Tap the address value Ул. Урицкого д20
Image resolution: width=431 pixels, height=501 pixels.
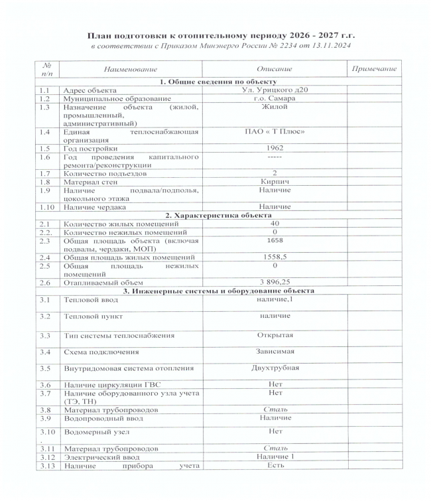tap(275, 90)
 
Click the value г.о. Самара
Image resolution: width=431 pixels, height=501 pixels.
tap(275, 98)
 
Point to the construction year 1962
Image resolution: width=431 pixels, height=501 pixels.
tap(275, 149)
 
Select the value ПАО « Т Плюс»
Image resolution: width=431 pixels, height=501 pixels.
tap(275, 132)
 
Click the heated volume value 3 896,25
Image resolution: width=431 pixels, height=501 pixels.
tap(275, 283)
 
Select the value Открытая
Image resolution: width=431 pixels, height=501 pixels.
tap(275, 335)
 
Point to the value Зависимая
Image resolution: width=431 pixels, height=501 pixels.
tap(275, 350)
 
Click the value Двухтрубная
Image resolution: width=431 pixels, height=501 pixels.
tap(275, 367)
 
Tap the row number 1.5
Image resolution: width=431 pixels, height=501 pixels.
tap(45, 149)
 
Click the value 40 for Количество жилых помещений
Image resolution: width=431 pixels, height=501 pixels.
tap(275, 224)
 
